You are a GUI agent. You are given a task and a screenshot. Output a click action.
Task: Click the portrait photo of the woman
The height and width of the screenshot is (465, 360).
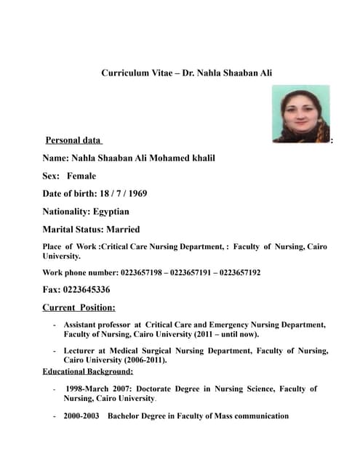pyautogui.click(x=300, y=114)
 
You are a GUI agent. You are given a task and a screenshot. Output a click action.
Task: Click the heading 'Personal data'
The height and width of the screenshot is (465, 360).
pyautogui.click(x=73, y=140)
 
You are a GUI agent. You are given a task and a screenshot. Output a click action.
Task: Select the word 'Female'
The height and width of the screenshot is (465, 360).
pyautogui.click(x=81, y=176)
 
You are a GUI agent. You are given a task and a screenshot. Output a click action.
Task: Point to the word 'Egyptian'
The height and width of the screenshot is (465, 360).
pyautogui.click(x=111, y=211)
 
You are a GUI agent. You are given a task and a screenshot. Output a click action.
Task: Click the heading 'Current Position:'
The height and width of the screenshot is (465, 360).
pyautogui.click(x=79, y=307)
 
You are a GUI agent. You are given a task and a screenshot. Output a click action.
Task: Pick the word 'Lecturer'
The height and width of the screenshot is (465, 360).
pyautogui.click(x=81, y=351)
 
